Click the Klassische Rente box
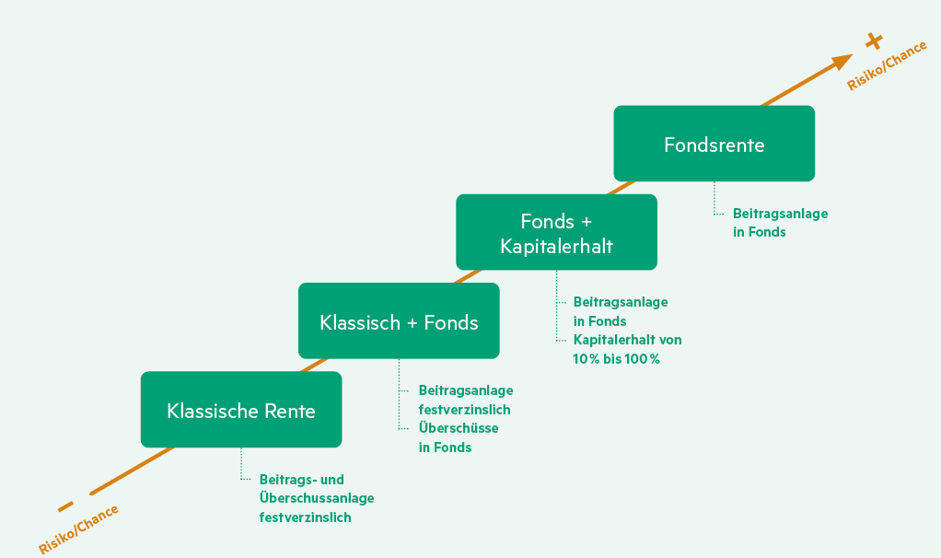coord(240,410)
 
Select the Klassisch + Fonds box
coord(399,321)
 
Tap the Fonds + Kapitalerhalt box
coord(556,232)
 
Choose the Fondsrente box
coord(714,144)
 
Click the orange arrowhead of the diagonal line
coord(842,62)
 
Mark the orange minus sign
coord(65,506)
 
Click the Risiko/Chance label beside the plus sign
coord(887,67)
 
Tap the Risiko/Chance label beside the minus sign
coord(78,529)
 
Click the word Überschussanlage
coord(317,498)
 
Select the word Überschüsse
coord(459,428)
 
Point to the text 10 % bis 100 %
coord(616,359)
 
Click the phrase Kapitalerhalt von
coord(627,340)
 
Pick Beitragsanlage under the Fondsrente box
coord(780,214)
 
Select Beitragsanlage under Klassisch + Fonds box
coord(466,390)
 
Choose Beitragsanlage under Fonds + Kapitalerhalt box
coord(621,301)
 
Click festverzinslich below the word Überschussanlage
coord(305,517)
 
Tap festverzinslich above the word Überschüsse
coord(464,410)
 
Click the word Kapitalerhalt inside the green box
coord(556,246)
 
